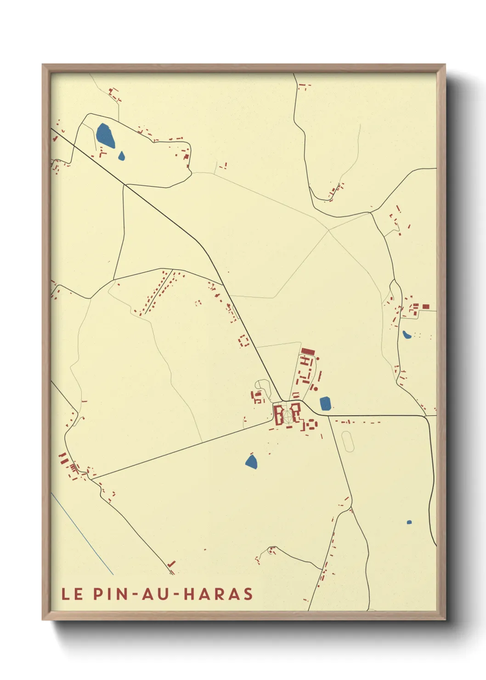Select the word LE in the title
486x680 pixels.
(72, 594)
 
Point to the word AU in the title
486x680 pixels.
(154, 594)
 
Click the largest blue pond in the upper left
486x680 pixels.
(105, 135)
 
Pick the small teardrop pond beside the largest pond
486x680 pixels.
(121, 156)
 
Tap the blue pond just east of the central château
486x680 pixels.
(325, 403)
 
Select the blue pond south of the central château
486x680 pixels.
(251, 461)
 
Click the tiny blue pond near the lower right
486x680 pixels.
(409, 522)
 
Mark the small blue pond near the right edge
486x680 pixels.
(407, 334)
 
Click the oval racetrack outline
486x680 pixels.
(348, 441)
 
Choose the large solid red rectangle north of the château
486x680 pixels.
(308, 351)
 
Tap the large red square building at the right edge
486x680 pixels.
(426, 306)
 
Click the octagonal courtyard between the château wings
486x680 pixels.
(288, 415)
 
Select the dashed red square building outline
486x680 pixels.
(243, 340)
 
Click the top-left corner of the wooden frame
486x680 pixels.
(43, 65)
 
